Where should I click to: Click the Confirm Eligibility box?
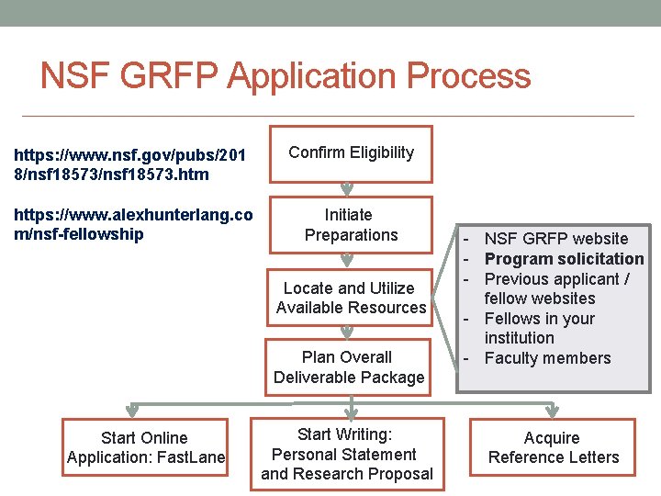coord(351,152)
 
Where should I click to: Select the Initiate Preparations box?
coord(350,225)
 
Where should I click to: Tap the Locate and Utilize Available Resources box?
coord(350,298)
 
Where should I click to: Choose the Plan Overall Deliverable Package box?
coord(348,367)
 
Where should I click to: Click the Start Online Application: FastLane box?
coord(145,447)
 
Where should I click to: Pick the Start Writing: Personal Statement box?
coord(347,454)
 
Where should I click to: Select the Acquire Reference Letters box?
coord(553,447)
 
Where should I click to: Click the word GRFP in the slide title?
coord(174,76)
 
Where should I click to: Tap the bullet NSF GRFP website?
coord(555,239)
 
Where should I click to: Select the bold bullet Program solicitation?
coord(564,259)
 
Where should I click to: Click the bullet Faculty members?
coord(547,358)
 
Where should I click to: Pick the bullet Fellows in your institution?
coord(540,328)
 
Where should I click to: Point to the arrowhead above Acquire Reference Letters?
coord(554,410)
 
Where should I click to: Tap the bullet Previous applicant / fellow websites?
coord(556,288)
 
